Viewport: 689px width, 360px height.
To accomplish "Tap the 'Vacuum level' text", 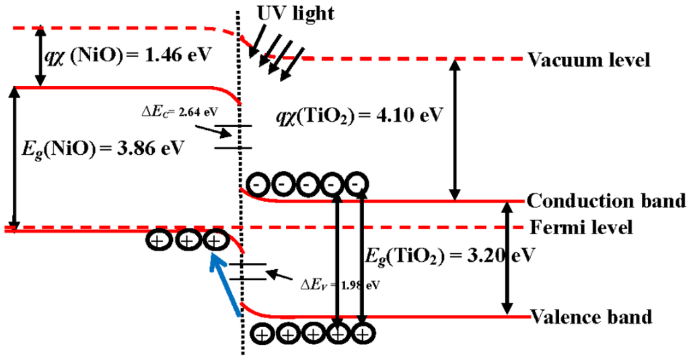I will click(589, 60).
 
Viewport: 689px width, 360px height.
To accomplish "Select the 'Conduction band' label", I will click(606, 201).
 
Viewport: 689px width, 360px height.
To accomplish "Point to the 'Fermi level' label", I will click(580, 227).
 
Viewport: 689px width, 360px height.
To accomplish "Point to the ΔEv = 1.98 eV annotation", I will click(340, 284).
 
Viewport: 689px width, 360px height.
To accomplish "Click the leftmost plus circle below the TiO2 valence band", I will click(262, 332).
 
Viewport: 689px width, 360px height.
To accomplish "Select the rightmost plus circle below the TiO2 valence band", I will click(363, 332).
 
